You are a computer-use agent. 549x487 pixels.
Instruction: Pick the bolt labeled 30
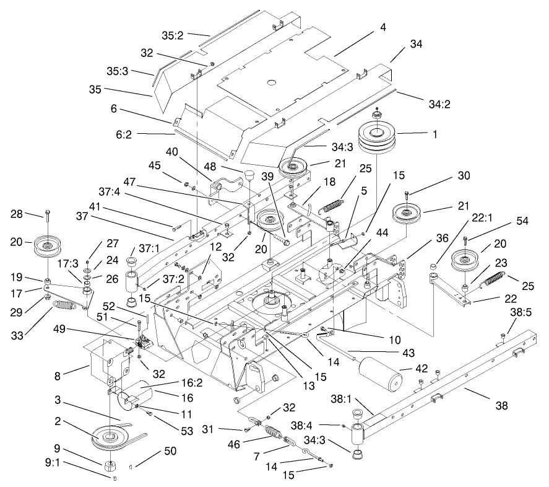click(406, 195)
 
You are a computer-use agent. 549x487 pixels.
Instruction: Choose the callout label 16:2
click(171, 384)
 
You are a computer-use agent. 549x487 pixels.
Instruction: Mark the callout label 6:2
click(154, 134)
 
